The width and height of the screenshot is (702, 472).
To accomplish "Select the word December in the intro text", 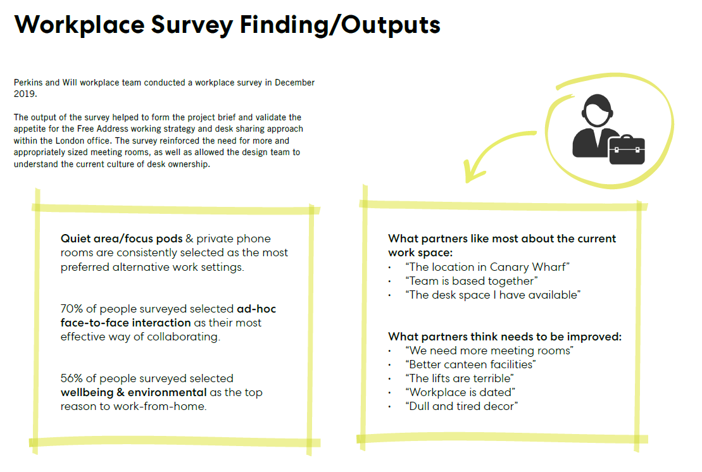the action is tap(294, 83).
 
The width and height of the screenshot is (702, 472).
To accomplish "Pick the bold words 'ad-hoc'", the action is tap(256, 309).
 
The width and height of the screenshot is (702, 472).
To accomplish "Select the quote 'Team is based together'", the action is tap(472, 281).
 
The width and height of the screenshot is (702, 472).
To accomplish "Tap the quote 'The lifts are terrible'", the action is tap(459, 378).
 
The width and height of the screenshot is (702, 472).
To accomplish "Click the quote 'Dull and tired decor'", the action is tap(461, 406).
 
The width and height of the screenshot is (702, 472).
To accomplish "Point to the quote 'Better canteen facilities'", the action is tap(470, 364).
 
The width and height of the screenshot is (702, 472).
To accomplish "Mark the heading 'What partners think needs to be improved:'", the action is tap(505, 337).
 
